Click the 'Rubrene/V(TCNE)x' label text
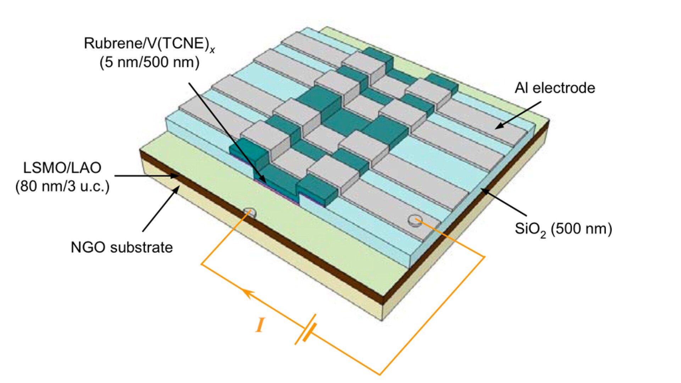click(x=149, y=44)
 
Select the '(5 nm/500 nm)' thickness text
click(x=149, y=62)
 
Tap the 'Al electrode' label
click(x=555, y=88)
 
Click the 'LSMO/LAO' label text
click(x=62, y=168)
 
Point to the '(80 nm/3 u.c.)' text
click(x=62, y=186)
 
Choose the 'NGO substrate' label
click(x=122, y=247)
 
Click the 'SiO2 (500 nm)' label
click(x=563, y=229)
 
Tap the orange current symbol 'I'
click(x=260, y=325)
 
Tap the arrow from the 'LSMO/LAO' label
click(x=145, y=176)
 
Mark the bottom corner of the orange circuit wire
click(x=380, y=374)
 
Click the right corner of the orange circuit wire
click(x=484, y=256)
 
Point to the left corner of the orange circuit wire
click(x=201, y=264)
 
